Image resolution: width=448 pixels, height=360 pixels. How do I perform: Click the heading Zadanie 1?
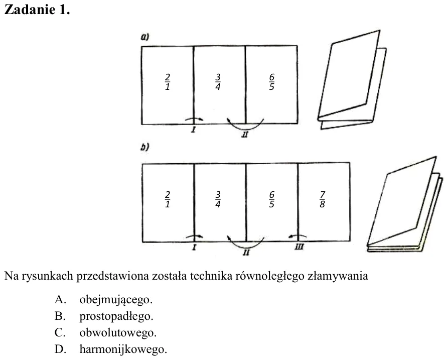[37, 10]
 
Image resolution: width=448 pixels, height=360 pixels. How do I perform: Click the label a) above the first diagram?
[145, 37]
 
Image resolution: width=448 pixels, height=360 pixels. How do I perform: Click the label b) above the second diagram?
[145, 147]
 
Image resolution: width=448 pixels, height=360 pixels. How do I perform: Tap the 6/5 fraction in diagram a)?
[272, 82]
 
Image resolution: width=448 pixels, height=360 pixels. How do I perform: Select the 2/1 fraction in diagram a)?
[168, 82]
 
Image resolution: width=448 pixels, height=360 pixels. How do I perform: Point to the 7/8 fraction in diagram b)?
[322, 199]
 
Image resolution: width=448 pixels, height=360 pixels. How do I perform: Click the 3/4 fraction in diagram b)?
[218, 199]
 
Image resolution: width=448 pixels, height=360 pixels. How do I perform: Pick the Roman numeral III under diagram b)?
[299, 247]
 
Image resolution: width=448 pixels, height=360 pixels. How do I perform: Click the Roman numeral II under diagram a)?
[245, 135]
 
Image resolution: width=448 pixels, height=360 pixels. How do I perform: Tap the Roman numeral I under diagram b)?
[194, 248]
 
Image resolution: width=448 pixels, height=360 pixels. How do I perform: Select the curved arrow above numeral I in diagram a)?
[194, 118]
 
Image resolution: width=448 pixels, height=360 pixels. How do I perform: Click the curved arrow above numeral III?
[297, 236]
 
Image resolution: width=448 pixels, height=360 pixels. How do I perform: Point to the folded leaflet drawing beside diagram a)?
[352, 80]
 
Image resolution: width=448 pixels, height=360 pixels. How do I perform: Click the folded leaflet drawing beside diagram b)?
[405, 204]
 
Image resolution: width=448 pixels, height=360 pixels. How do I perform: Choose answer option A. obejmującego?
[103, 300]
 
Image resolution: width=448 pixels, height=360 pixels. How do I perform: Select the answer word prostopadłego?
[116, 316]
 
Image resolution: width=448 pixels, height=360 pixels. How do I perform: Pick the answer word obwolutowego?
[118, 332]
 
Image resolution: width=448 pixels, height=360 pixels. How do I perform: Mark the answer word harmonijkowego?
[123, 349]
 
